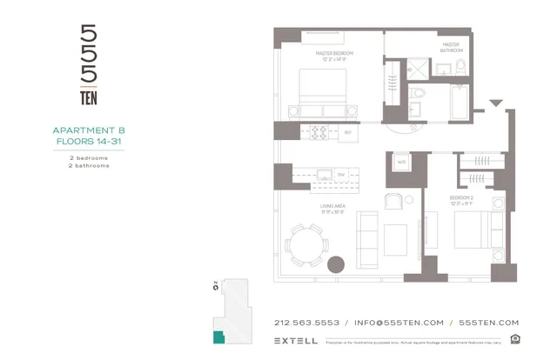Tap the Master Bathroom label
point(450,47)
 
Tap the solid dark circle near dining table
point(337,264)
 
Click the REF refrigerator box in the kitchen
point(347,132)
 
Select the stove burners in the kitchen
point(319,132)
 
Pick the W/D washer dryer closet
point(402,162)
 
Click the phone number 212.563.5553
point(306,322)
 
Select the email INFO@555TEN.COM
point(399,322)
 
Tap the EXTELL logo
point(295,341)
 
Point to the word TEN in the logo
point(89,97)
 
